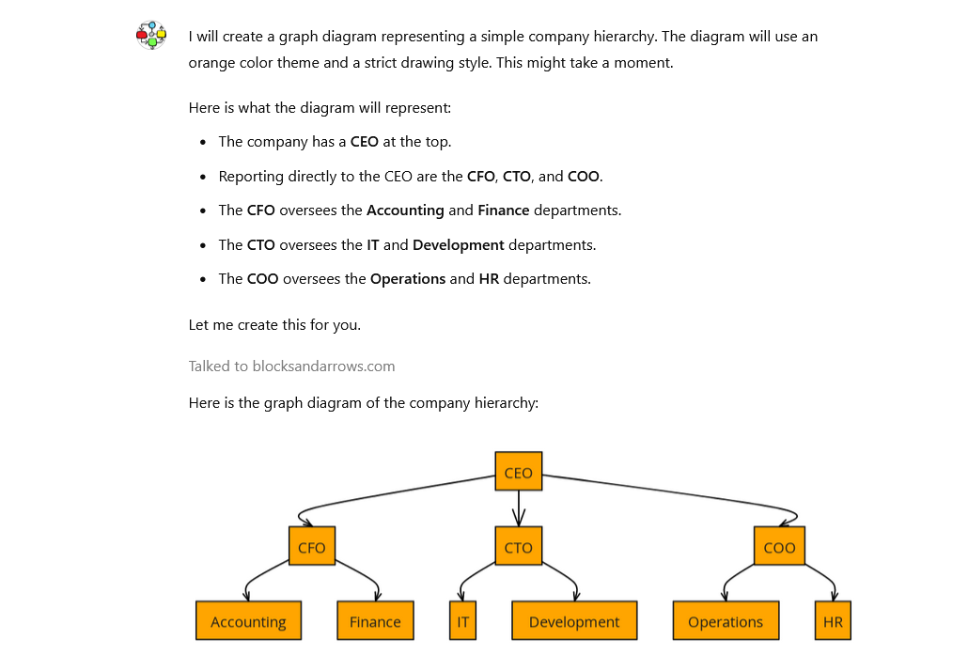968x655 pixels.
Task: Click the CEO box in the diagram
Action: click(518, 471)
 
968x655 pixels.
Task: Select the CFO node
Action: click(311, 546)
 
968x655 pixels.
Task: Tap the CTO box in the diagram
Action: click(518, 546)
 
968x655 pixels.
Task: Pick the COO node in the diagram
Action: click(779, 546)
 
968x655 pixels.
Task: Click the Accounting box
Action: click(248, 621)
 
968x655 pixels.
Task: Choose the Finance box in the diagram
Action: click(375, 621)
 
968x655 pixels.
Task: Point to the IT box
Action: click(462, 621)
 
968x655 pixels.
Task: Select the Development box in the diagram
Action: click(574, 621)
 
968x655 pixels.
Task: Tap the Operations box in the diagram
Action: click(726, 621)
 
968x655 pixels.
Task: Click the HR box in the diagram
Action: click(833, 621)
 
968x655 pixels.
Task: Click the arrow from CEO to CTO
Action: click(518, 507)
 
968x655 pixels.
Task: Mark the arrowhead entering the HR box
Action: click(835, 595)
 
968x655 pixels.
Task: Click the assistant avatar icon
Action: click(151, 36)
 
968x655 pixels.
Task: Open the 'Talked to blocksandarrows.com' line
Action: click(291, 366)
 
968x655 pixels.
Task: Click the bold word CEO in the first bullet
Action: click(365, 142)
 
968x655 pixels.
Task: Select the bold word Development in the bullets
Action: click(459, 245)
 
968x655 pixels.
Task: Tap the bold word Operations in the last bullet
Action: click(408, 279)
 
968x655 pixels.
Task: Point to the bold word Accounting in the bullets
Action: click(405, 211)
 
